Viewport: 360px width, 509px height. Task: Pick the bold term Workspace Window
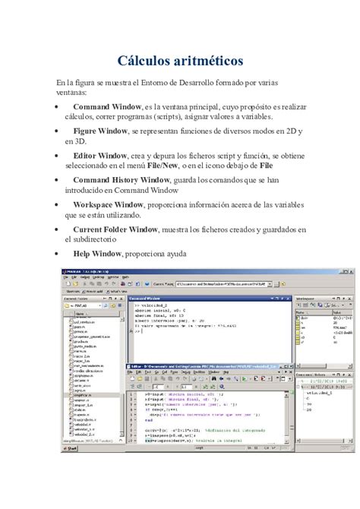point(110,204)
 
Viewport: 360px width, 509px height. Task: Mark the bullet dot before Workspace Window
point(60,205)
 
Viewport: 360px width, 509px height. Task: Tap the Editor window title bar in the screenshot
point(197,367)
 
